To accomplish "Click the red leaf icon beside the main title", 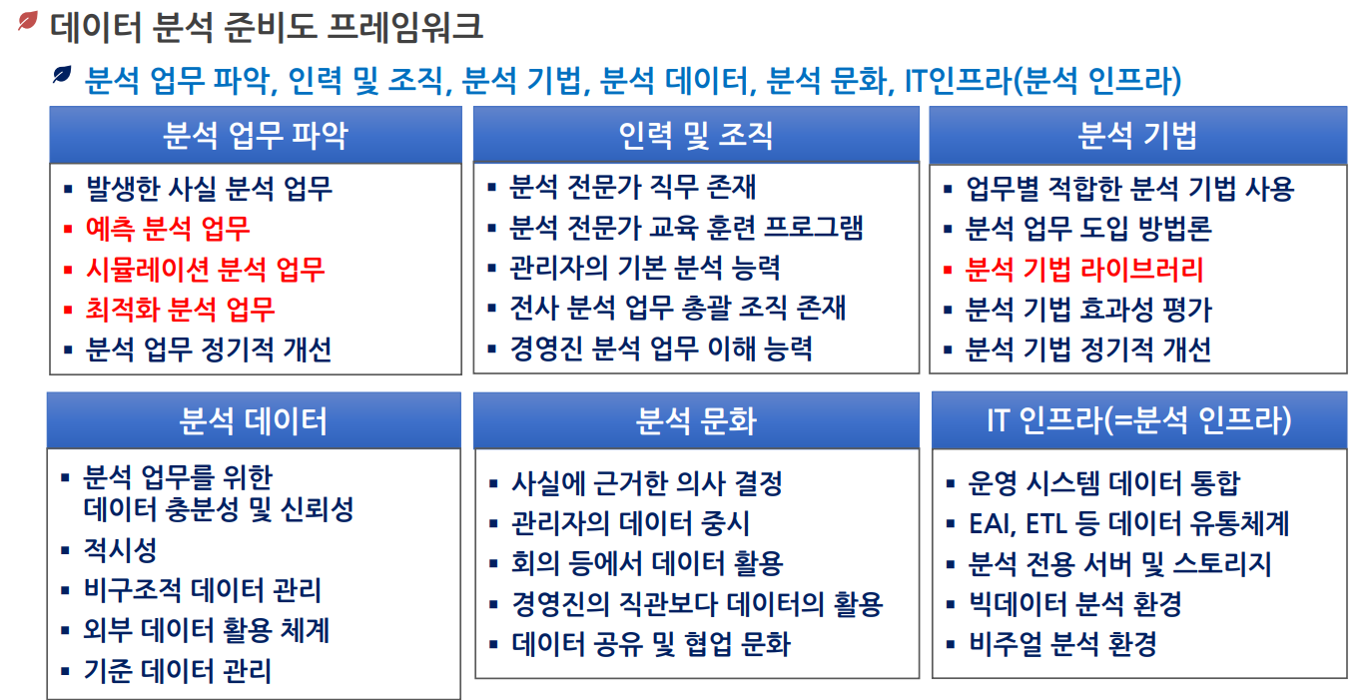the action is [x=28, y=21].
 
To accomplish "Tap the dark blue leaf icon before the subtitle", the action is [x=62, y=75].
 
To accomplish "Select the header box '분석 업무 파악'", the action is [x=256, y=135].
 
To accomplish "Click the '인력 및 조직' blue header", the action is [x=696, y=135].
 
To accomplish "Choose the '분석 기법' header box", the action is [x=1137, y=135].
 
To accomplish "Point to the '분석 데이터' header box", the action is [x=254, y=420].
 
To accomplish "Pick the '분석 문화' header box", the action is [x=697, y=420].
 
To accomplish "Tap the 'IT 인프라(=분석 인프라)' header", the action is [x=1139, y=420].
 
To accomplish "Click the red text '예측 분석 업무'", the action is [x=168, y=229].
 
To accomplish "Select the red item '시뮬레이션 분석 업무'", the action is [x=205, y=270].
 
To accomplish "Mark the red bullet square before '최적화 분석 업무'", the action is [x=68, y=310].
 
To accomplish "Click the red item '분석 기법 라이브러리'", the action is [x=1084, y=270].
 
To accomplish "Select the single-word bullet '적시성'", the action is [x=120, y=549].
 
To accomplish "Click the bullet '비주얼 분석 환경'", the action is [x=1062, y=644].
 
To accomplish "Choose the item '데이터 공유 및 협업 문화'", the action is [x=651, y=644].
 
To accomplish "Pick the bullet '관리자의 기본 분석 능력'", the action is [x=645, y=268].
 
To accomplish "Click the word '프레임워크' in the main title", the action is [x=404, y=28].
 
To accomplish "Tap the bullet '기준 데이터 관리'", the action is [x=178, y=671].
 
